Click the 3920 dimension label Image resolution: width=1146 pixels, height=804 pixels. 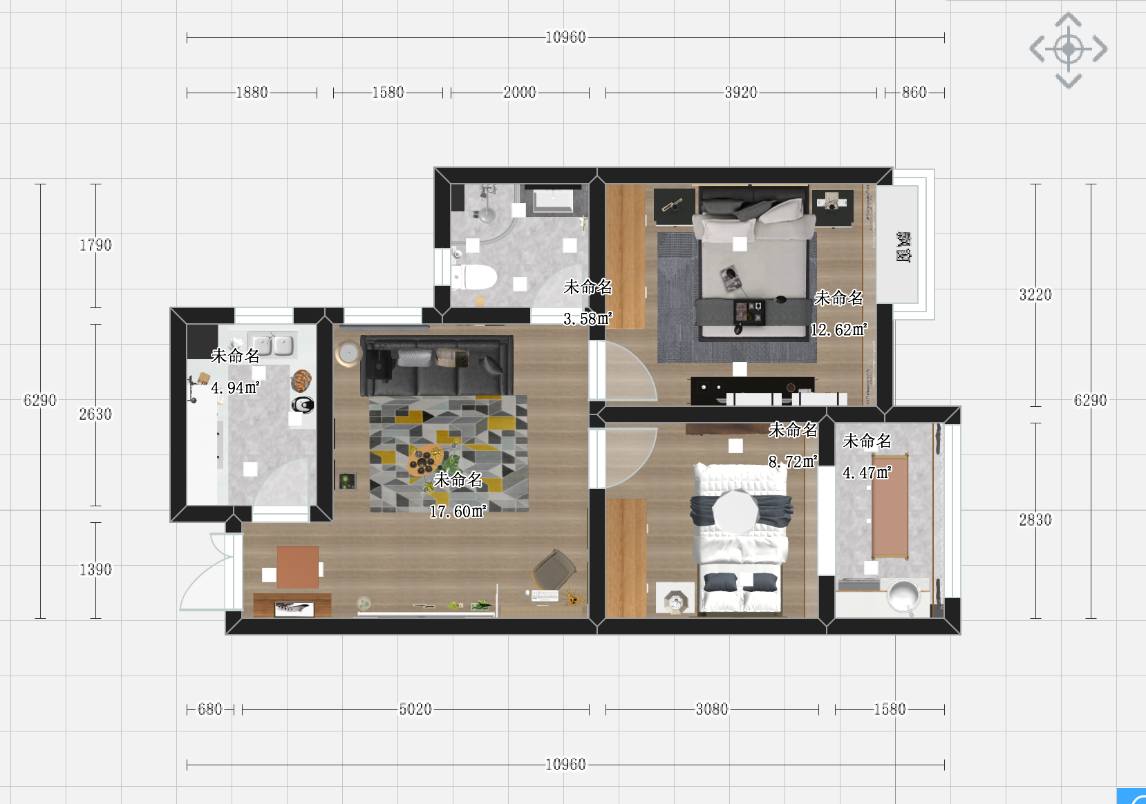point(740,93)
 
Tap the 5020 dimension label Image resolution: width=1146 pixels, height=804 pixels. point(415,709)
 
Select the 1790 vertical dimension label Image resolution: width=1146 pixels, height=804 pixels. point(95,245)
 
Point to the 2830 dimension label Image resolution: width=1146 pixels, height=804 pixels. point(1035,520)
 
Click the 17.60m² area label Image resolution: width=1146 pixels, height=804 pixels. point(458,511)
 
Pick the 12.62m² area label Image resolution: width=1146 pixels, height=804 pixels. point(839,329)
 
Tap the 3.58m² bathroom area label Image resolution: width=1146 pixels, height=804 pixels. point(588,319)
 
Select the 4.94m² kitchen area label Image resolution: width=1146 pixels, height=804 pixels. point(235,387)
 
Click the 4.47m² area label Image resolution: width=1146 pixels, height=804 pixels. point(867,472)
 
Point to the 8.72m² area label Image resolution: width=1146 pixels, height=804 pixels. point(793,461)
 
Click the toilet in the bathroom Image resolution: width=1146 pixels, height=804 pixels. point(474,276)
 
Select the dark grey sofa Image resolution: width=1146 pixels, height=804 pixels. point(436,365)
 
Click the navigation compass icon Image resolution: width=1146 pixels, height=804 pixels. point(1068,50)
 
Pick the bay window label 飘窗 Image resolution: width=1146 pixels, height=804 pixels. point(903,247)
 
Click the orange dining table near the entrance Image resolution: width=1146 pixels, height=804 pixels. point(298,567)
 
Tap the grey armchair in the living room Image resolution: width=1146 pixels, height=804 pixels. point(554,569)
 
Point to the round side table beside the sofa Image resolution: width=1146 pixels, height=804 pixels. point(348,353)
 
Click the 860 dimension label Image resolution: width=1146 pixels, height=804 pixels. point(914,93)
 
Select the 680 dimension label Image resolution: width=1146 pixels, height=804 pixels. point(209,709)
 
